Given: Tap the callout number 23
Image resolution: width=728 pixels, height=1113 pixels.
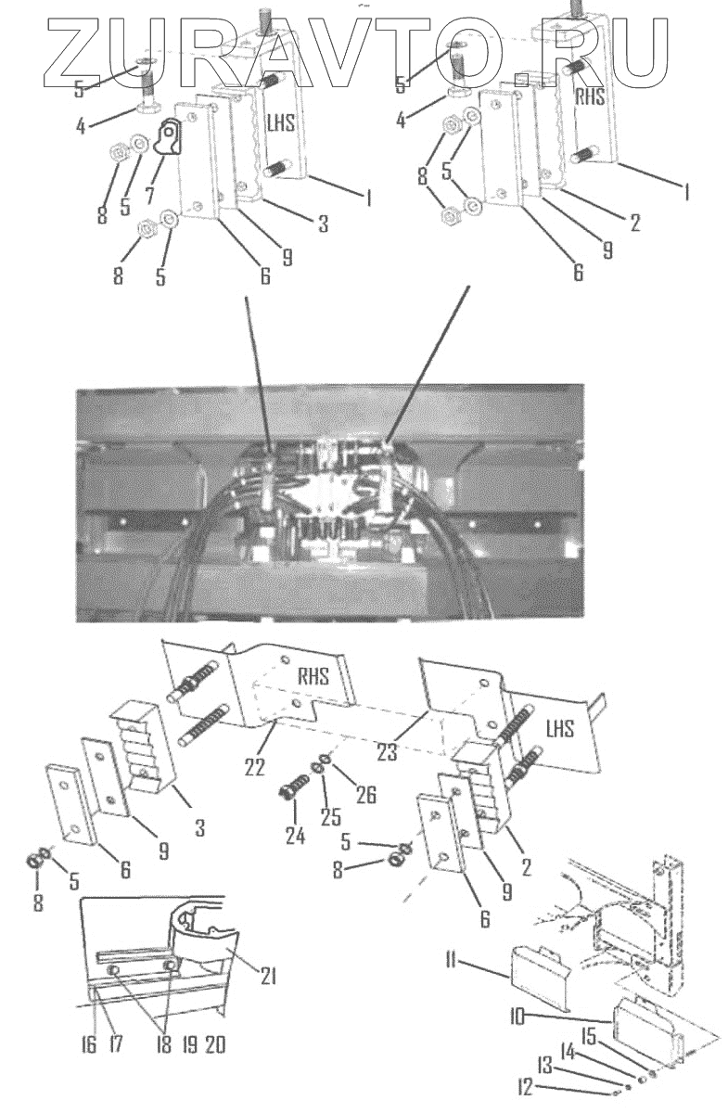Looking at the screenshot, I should click(387, 752).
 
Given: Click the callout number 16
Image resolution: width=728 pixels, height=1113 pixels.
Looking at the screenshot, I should click(90, 1044).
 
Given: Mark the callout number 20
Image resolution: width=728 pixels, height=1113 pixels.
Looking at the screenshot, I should click(214, 1044).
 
